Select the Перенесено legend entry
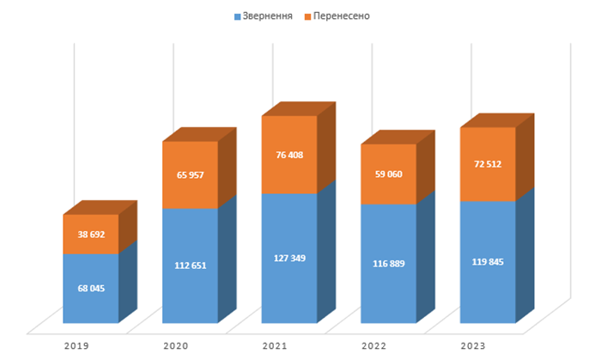point(342,15)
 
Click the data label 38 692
point(90,234)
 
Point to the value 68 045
point(90,288)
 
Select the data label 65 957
point(190,174)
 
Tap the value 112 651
point(190,265)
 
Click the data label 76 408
point(289,155)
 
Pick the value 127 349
point(289,258)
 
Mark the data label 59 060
point(389,174)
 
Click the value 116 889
point(389,263)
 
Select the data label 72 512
point(488,164)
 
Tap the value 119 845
point(488,262)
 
